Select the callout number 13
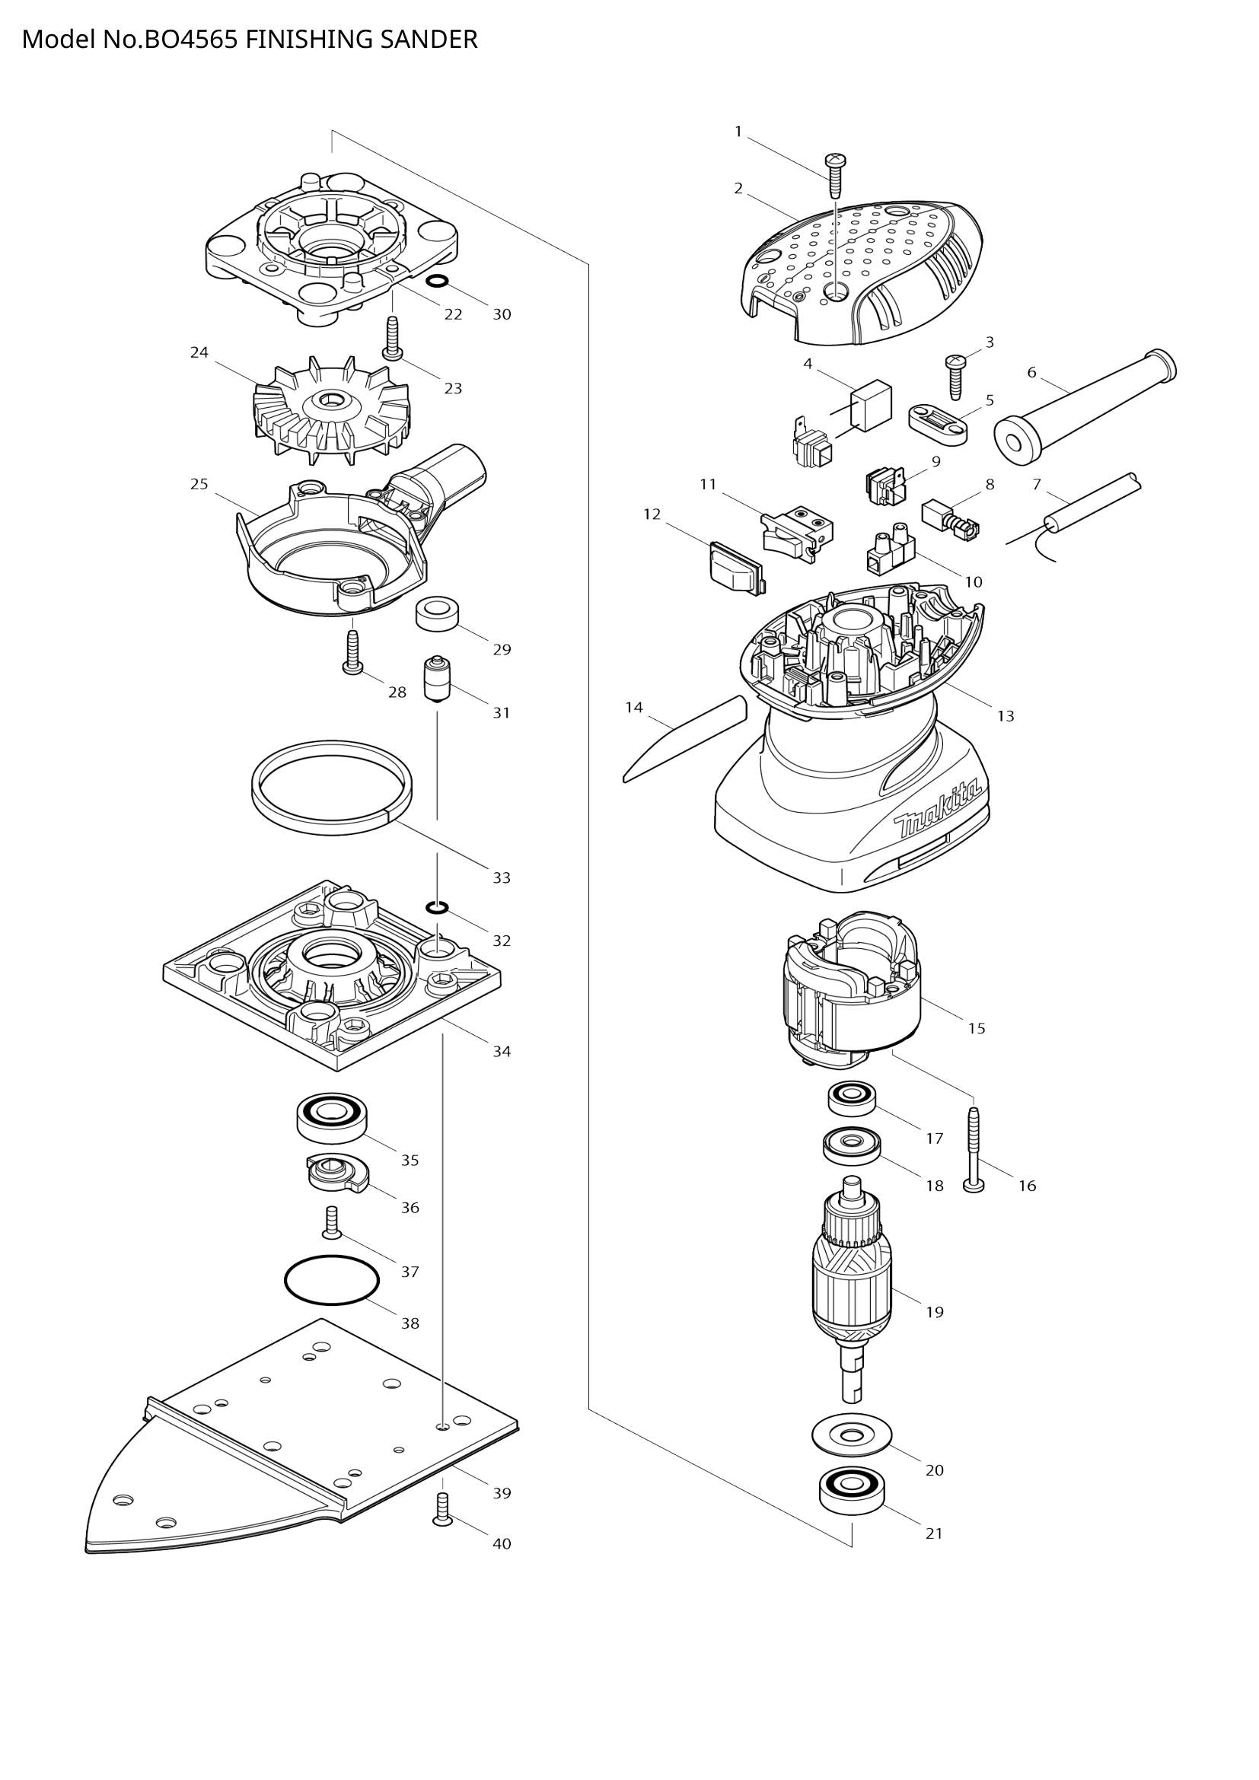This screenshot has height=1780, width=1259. coord(1005,715)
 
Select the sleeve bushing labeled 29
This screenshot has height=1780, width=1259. coord(436,615)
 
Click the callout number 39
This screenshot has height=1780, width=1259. coord(502,1492)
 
